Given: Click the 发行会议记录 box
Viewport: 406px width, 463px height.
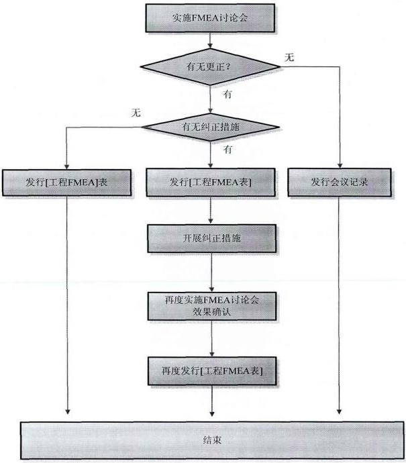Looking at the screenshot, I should coord(342,181).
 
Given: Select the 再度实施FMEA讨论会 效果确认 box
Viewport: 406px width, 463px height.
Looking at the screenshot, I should coord(211,307).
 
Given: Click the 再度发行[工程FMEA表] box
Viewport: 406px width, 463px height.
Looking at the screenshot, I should coord(211,370).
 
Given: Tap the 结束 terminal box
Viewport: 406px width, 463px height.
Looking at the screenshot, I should coord(211,440).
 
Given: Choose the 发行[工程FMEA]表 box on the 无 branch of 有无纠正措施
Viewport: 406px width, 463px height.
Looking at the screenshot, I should coord(69,181).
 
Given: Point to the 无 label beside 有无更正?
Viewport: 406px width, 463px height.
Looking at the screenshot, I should coord(289,58).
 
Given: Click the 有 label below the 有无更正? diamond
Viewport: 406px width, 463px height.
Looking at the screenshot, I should coord(228,95).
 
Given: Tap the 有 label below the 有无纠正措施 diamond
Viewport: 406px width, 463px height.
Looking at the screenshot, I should coord(227,150).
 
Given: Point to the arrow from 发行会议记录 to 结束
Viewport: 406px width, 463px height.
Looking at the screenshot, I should coord(342,309).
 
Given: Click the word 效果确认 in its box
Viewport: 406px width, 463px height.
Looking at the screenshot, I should coord(211,313).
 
